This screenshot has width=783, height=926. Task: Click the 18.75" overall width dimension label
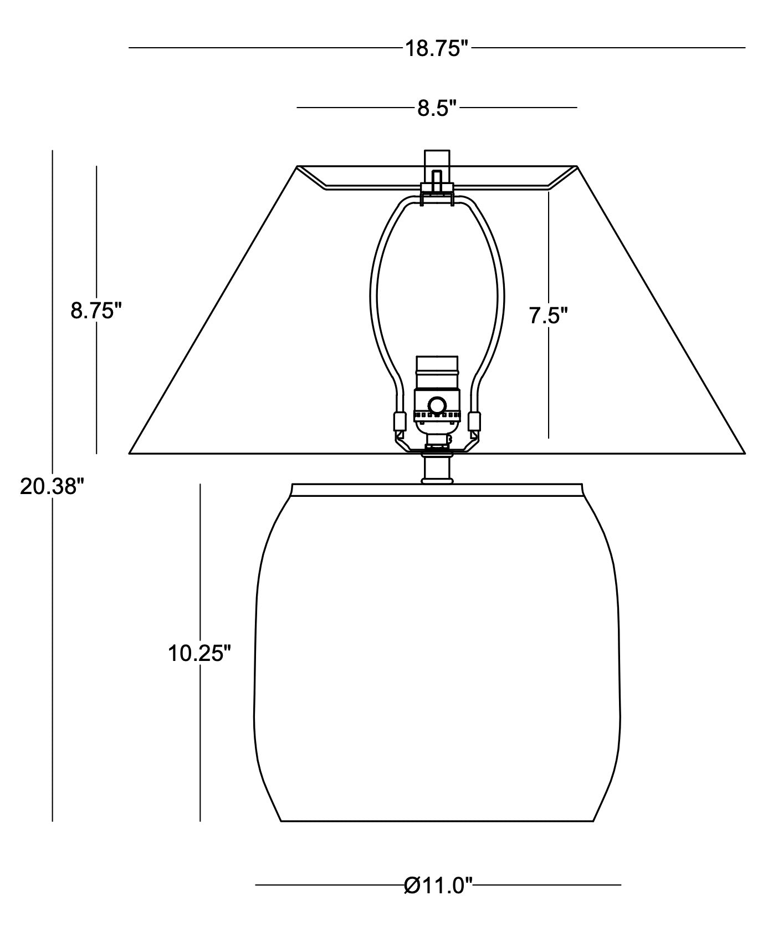click(437, 49)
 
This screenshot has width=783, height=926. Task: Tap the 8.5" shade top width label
click(437, 108)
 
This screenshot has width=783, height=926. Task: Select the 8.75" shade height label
click(96, 311)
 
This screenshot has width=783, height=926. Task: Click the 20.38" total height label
click(52, 487)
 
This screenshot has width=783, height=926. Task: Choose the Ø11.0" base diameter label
click(438, 886)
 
